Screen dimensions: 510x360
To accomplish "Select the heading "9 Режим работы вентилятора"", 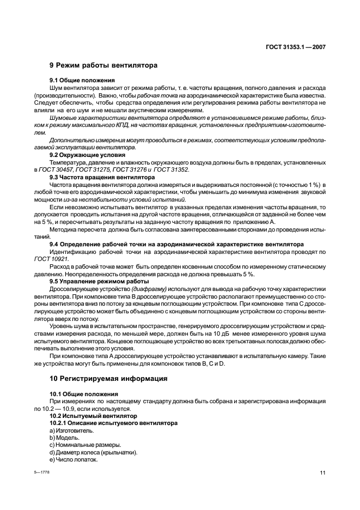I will tap(103, 65).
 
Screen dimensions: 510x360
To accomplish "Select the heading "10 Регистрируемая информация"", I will tap(108, 378).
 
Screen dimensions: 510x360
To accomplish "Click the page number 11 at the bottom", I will tap(322, 473).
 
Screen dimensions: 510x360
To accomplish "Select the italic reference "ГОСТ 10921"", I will tap(52, 259).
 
